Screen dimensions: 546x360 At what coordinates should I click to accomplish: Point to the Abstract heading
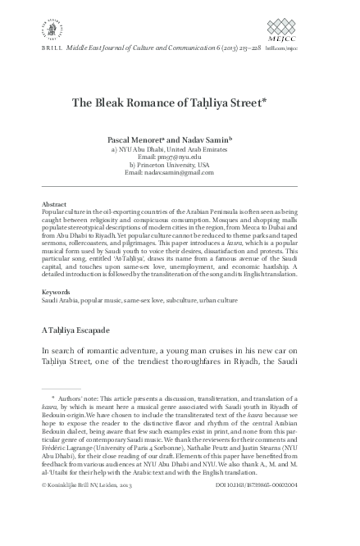53,203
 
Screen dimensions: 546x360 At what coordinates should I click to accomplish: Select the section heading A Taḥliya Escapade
86,330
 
